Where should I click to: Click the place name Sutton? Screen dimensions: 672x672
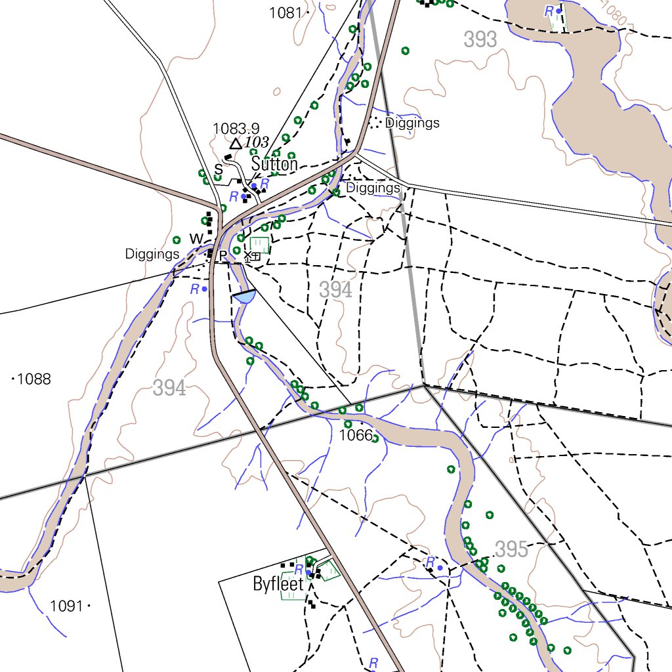pos(274,164)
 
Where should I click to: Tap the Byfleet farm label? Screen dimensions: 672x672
pos(278,584)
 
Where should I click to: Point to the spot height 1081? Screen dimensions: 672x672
pos(285,12)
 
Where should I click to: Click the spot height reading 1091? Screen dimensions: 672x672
pos(66,606)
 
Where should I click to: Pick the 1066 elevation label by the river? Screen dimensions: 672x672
pos(356,436)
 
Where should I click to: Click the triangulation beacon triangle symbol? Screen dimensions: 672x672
pos(236,143)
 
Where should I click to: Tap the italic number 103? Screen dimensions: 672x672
pos(257,142)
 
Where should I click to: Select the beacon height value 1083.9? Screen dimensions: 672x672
pos(236,129)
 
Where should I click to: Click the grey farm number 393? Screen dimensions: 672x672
pos(480,40)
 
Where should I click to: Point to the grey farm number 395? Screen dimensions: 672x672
pos(512,549)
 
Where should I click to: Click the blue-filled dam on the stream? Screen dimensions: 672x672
pos(243,297)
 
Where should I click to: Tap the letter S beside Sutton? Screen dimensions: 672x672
pos(218,170)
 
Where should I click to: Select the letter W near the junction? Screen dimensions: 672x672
pos(196,239)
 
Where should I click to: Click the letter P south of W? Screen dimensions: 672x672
pos(222,255)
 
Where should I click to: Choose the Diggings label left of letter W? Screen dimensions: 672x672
pos(152,254)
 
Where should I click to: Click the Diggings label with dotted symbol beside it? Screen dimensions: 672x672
pos(412,123)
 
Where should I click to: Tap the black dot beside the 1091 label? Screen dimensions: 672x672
pos(89,606)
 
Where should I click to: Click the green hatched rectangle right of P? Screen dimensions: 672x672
pos(259,245)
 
